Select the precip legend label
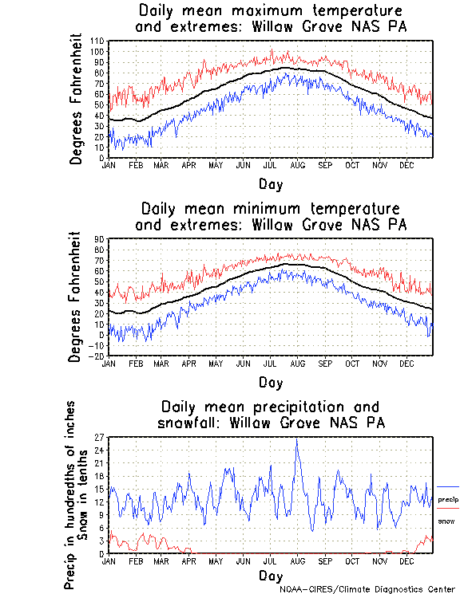[448, 499]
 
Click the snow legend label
[446, 521]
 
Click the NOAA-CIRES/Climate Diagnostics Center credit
[368, 589]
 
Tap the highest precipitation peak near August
[297, 439]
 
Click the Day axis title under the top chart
[271, 184]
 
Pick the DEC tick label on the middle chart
[406, 363]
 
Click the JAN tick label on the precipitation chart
[109, 561]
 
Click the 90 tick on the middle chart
[100, 238]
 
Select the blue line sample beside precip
[448, 486]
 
